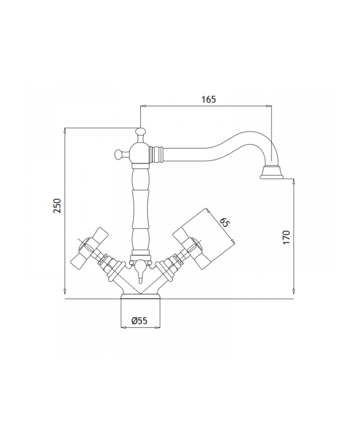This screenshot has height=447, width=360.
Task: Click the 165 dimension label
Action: tap(208, 100)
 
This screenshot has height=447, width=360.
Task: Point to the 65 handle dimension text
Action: tap(224, 223)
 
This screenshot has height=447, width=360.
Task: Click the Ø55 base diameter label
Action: tap(139, 320)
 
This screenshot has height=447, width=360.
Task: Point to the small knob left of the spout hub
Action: tap(118, 153)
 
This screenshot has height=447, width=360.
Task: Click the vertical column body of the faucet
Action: tap(140, 206)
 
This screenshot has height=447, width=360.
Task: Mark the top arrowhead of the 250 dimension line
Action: tap(64, 130)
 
